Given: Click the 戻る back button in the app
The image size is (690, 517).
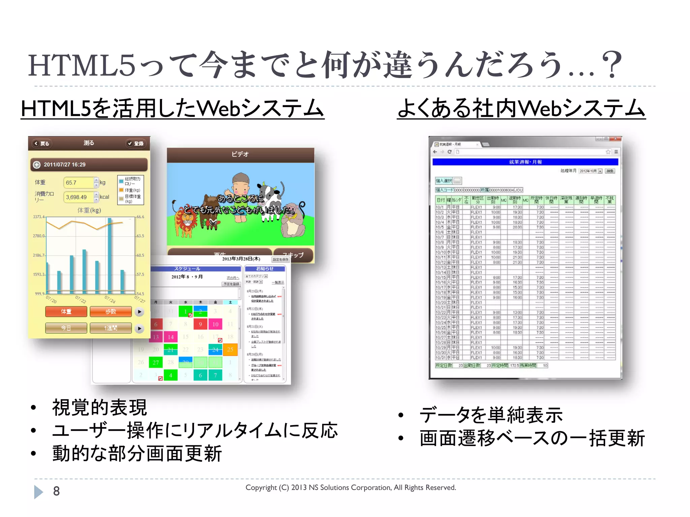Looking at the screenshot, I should (x=42, y=144).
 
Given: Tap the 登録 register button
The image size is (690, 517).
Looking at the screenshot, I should (x=135, y=144).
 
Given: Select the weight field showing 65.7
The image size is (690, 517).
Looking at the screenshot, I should (x=78, y=182).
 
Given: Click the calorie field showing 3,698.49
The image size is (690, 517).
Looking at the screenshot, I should (x=78, y=197).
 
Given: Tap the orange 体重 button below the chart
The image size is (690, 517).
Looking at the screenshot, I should (x=66, y=312).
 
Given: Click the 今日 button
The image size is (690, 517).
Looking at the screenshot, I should (x=66, y=328).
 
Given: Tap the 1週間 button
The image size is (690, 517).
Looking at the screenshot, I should (x=111, y=328).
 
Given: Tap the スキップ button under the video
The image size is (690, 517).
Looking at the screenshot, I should (x=293, y=255).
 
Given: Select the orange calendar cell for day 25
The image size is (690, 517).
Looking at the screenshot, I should (x=230, y=349).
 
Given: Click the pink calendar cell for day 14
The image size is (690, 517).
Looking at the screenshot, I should (x=171, y=337).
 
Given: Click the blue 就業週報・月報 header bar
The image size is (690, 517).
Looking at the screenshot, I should (x=525, y=162).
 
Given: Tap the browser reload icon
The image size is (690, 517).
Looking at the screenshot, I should (x=449, y=152).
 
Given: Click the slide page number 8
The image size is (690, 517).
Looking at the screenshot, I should (x=57, y=491).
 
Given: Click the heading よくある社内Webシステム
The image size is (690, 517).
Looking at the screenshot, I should (x=521, y=109).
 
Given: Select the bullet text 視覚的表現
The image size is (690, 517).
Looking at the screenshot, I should (x=99, y=408).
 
